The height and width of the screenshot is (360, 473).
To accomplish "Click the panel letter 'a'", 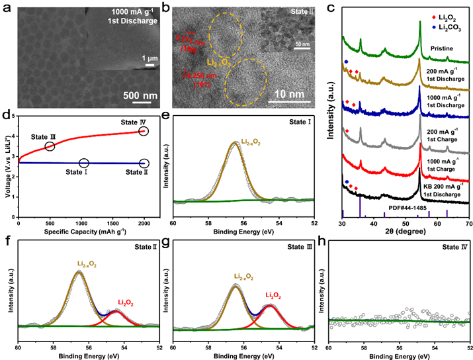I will pyautogui.click(x=6, y=7).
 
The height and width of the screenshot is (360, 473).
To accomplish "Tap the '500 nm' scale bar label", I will pyautogui.click(x=140, y=95).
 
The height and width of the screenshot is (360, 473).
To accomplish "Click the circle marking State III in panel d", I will pyautogui.click(x=50, y=146).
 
